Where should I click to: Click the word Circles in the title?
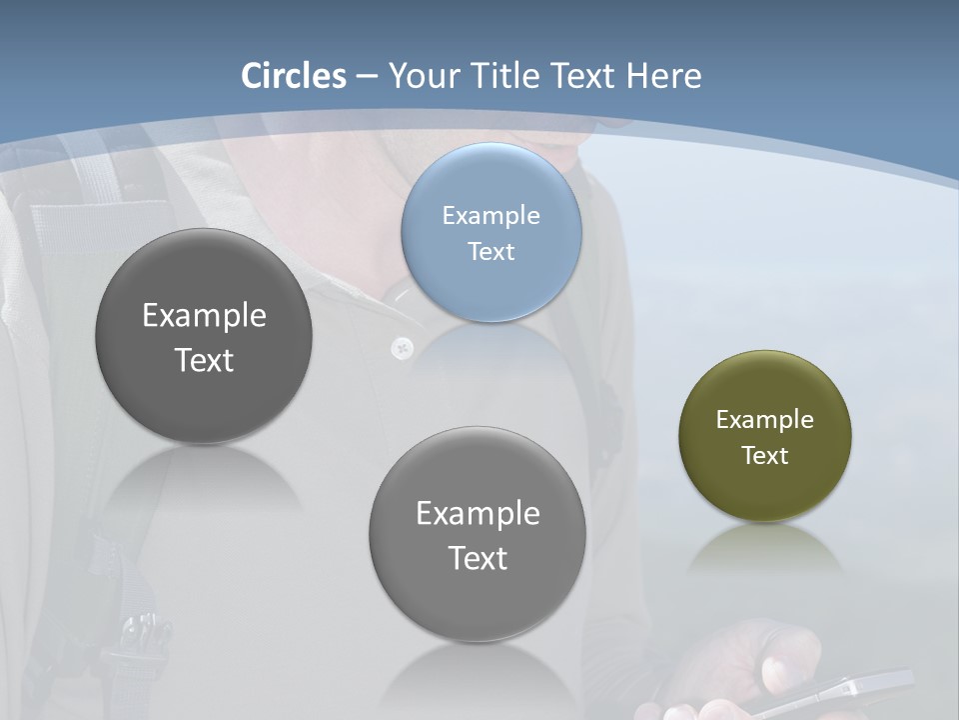(x=294, y=76)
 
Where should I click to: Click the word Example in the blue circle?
(x=490, y=216)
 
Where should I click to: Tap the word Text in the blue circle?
(x=490, y=252)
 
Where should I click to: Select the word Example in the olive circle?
(x=764, y=420)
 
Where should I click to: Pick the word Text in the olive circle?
(x=764, y=456)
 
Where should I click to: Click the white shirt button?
(x=402, y=348)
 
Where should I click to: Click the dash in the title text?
(x=367, y=77)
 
